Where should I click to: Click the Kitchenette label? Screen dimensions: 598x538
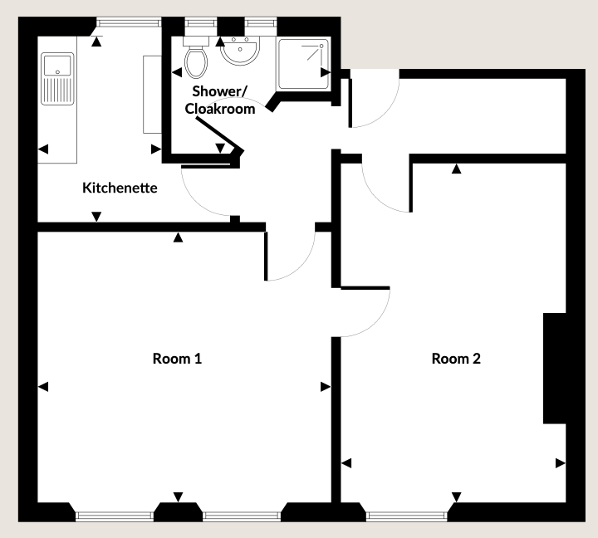click(x=120, y=188)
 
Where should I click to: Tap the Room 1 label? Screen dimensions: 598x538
click(x=177, y=359)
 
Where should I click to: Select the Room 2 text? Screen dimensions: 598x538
click(x=456, y=359)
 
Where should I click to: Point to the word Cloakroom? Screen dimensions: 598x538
click(x=220, y=109)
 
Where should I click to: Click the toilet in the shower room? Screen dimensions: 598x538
click(x=196, y=57)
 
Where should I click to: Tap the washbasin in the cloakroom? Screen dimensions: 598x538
click(x=240, y=51)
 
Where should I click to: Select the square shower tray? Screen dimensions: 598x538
click(x=304, y=64)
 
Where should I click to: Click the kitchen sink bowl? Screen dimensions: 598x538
click(x=57, y=66)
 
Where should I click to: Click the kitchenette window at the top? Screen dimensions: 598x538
click(x=129, y=23)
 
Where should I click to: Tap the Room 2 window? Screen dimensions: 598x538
click(x=406, y=516)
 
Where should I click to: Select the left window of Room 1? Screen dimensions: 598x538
click(x=115, y=516)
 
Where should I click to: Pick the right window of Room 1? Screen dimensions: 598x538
click(x=242, y=516)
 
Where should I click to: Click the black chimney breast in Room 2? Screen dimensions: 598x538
click(x=555, y=369)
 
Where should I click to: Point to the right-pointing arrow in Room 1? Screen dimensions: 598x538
click(x=326, y=387)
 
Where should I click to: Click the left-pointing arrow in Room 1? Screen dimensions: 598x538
click(x=43, y=387)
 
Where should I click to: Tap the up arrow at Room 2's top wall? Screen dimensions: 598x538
click(x=457, y=169)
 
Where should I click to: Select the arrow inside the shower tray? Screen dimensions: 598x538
click(x=326, y=72)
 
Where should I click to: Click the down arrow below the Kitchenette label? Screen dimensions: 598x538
click(x=96, y=217)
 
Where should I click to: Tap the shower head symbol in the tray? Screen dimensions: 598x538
click(x=316, y=52)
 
